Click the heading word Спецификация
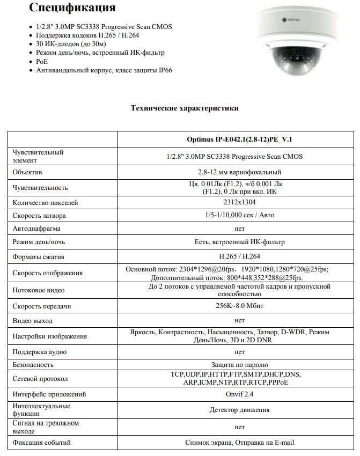[72, 9]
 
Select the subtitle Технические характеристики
[185, 108]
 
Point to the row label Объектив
[27, 172]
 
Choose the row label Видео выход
[33, 320]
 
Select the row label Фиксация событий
[41, 443]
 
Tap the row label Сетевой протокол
[40, 379]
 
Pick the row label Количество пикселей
[45, 202]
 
